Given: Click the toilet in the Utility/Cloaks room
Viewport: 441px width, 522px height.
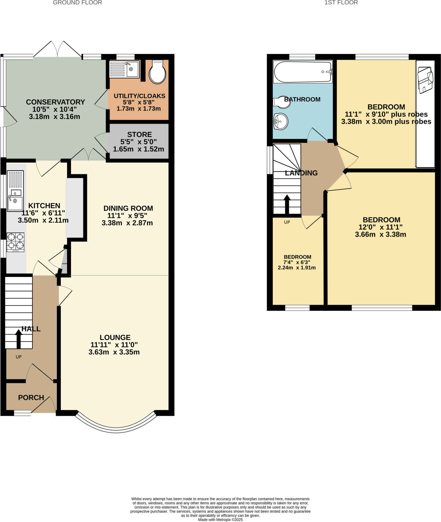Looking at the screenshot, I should [x=157, y=72].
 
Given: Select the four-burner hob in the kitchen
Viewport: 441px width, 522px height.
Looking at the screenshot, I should [x=16, y=242].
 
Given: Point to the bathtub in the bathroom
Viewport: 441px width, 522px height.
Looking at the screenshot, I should [x=303, y=72].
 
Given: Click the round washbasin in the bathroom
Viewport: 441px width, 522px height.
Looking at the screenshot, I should [x=281, y=121].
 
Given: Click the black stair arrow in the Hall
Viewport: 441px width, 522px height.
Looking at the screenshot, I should [x=18, y=339].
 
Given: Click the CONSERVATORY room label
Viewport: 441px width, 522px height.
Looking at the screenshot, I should [x=55, y=102].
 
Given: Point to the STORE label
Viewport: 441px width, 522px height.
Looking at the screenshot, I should [x=139, y=134].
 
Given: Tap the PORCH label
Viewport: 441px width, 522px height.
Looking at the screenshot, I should [x=31, y=397].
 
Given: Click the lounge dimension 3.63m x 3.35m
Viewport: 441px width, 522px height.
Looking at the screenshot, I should [x=114, y=352].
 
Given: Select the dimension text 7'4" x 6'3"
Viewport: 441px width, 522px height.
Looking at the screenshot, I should [x=297, y=262].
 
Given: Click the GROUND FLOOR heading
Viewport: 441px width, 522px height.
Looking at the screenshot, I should [x=77, y=3].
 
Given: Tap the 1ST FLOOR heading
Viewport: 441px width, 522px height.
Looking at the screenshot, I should [x=341, y=3].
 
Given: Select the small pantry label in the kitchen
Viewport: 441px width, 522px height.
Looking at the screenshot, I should [x=64, y=264].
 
